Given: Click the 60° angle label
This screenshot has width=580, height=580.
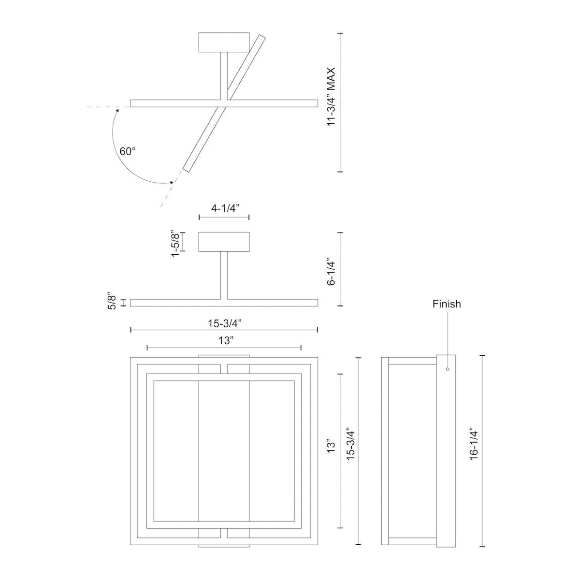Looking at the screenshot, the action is pos(128,151).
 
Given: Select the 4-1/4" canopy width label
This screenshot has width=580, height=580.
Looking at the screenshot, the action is pos(225,208).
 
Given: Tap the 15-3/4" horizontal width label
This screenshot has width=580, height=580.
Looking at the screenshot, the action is pos(225,323).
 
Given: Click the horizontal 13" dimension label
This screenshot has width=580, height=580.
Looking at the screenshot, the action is pos(226,341).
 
